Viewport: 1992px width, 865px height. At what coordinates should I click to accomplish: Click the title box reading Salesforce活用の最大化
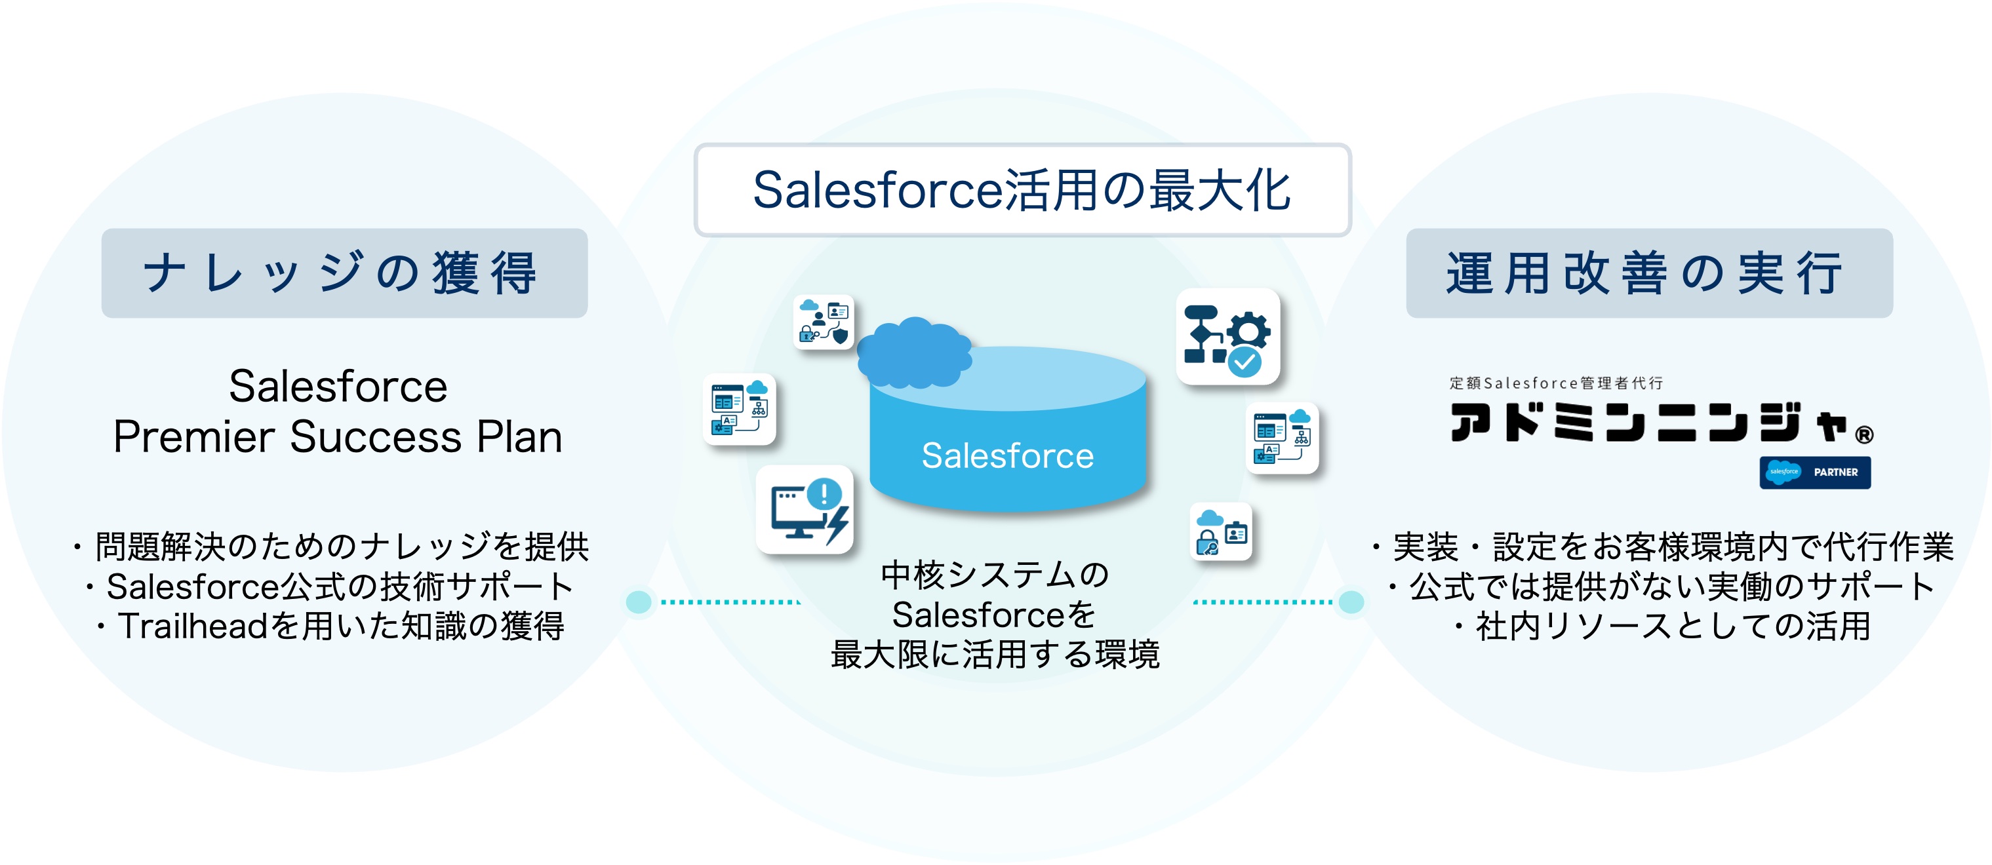coord(1022,190)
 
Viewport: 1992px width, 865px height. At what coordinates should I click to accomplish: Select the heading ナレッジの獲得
coord(344,273)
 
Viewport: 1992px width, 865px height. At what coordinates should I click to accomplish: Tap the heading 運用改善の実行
coord(1648,273)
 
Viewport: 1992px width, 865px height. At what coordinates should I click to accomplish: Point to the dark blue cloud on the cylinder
coord(914,353)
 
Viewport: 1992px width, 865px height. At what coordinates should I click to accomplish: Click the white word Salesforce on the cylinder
coord(1007,456)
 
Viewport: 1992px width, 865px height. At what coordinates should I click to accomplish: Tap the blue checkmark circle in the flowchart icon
coord(1245,360)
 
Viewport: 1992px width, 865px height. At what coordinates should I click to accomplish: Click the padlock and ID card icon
coord(1221,532)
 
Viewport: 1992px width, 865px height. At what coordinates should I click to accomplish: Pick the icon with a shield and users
coord(824,322)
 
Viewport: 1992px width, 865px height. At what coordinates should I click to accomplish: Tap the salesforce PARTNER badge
coord(1815,472)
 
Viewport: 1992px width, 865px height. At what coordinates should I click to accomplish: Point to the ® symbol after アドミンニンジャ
coord(1864,435)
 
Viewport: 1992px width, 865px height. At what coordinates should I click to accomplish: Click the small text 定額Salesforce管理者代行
coord(1556,383)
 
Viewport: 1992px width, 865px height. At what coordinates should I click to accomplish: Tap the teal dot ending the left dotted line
coord(639,602)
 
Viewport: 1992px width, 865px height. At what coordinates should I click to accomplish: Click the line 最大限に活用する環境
coord(995,655)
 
